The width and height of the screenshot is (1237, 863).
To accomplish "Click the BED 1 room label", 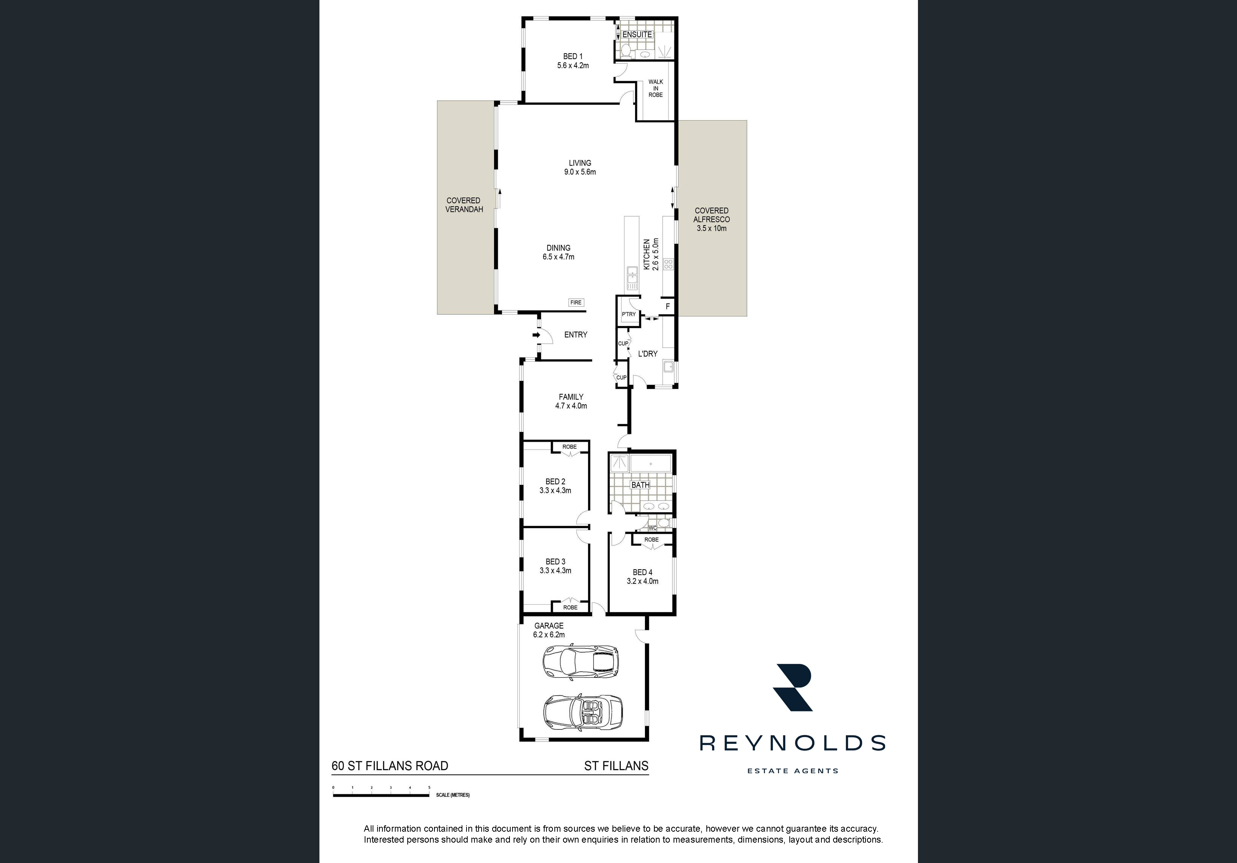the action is point(573,61).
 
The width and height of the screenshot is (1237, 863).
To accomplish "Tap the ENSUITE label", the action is point(637,34).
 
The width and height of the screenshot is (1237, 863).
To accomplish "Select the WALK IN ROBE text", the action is point(656,88).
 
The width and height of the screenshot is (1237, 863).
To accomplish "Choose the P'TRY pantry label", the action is point(629,314).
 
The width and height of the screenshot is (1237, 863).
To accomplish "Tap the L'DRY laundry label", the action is point(648,354).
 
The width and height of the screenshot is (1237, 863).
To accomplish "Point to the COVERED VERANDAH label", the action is point(464,205).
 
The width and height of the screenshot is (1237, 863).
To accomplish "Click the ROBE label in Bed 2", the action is point(569,447).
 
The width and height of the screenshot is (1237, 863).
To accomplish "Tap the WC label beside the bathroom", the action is point(652,528).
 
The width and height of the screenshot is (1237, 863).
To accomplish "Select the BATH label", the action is point(641,485).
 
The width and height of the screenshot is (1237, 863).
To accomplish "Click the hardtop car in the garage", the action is point(581,662).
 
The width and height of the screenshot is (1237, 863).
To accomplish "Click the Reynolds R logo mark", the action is point(792,688).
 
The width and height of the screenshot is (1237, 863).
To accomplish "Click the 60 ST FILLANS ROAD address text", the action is point(390,765).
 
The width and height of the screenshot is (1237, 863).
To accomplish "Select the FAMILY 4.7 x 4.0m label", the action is point(571,401).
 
